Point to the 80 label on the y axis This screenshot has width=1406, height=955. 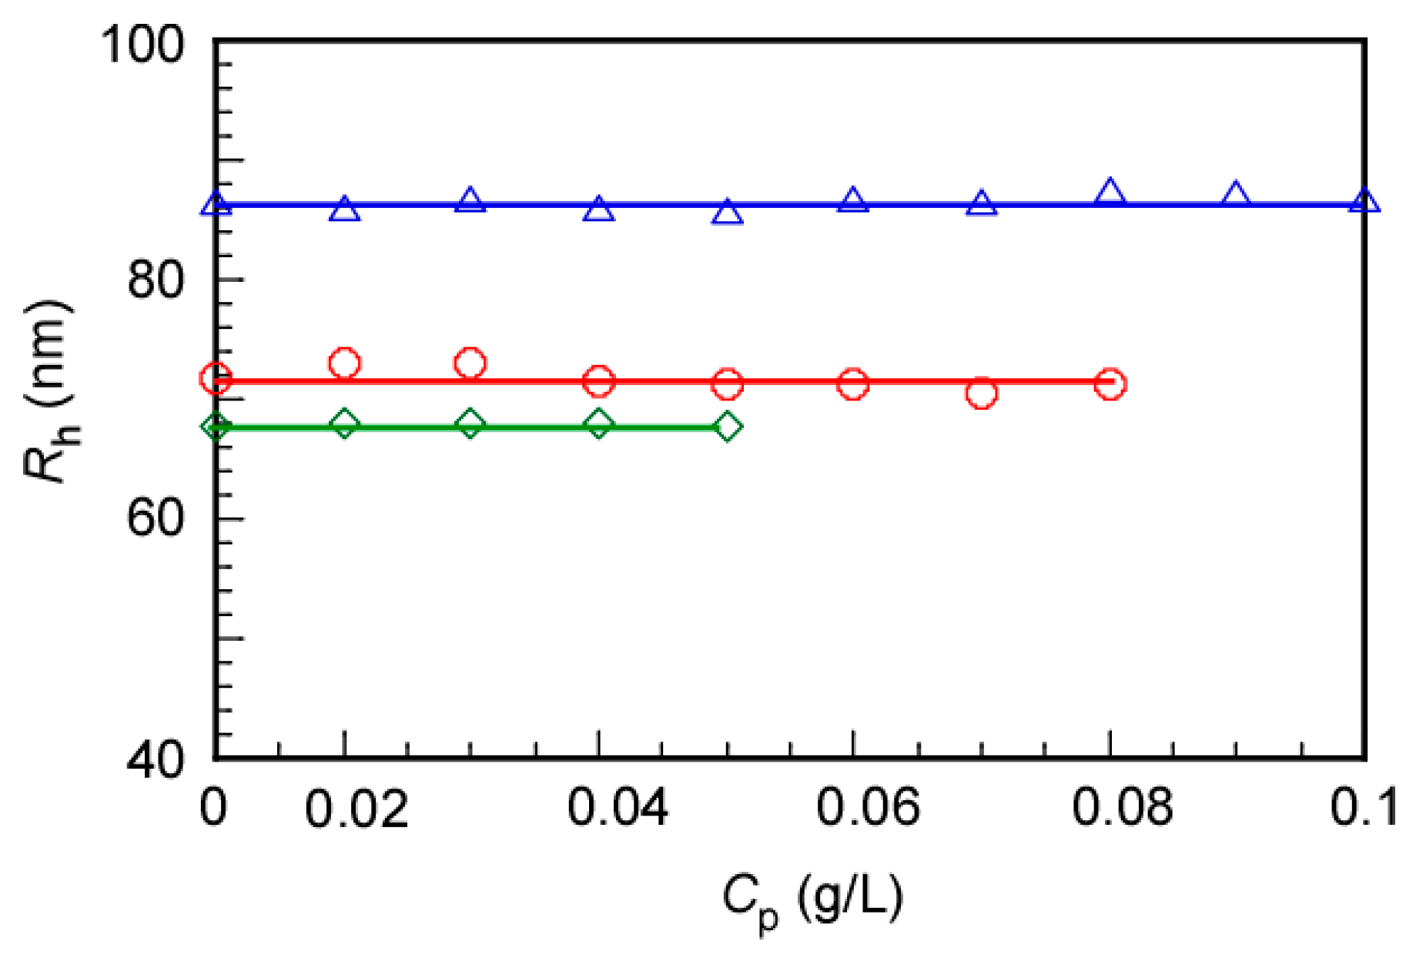pyautogui.click(x=157, y=280)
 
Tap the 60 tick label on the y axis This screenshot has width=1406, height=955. pyautogui.click(x=157, y=518)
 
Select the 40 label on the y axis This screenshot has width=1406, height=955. pyautogui.click(x=157, y=759)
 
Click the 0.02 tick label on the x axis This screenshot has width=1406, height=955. pyautogui.click(x=357, y=809)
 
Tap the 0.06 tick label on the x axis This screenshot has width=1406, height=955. pyautogui.click(x=868, y=809)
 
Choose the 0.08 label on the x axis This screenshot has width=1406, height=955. pyautogui.click(x=1122, y=809)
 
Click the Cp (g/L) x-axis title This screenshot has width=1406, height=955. pyautogui.click(x=812, y=900)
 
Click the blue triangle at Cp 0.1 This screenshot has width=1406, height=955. pyautogui.click(x=1364, y=202)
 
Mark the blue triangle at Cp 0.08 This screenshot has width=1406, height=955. pyautogui.click(x=1110, y=192)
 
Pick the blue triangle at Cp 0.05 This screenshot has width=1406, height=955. pyautogui.click(x=728, y=212)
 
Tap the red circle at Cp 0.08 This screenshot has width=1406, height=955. pyautogui.click(x=1110, y=384)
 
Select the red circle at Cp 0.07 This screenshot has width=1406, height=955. pyautogui.click(x=981, y=394)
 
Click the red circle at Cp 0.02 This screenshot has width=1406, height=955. pyautogui.click(x=344, y=363)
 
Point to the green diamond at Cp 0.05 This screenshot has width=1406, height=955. pyautogui.click(x=728, y=426)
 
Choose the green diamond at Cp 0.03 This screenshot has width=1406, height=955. pyautogui.click(x=470, y=424)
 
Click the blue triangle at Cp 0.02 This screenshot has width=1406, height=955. pyautogui.click(x=344, y=209)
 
